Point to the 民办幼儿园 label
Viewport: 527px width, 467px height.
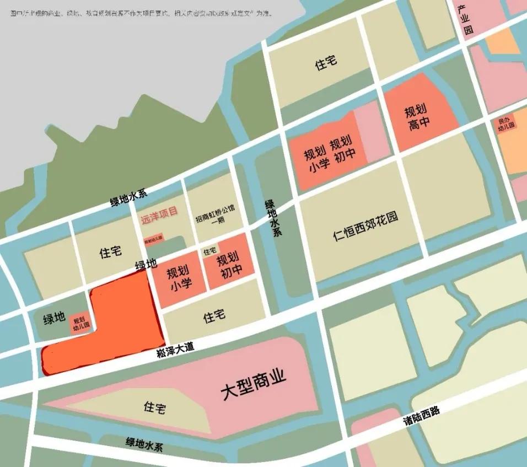click(506, 123)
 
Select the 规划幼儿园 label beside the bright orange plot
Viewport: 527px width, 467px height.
click(80, 323)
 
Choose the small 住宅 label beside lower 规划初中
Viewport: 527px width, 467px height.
click(210, 251)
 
